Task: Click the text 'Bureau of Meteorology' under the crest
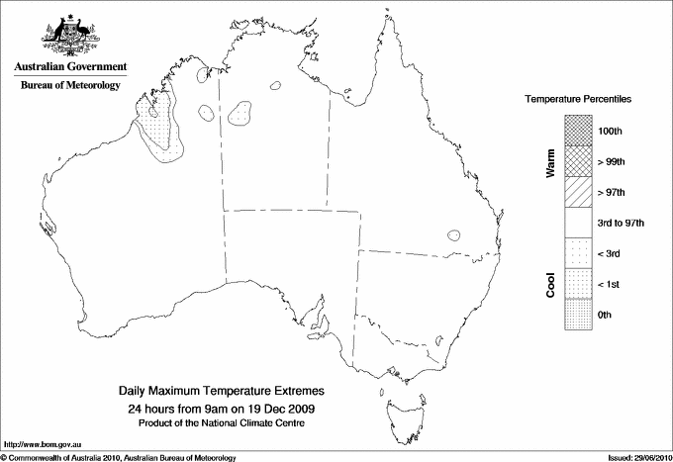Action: (70, 85)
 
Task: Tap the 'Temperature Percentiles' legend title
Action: (579, 100)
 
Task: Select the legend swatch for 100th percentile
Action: (577, 130)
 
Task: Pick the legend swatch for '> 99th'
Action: (577, 160)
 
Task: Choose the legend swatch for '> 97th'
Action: (577, 191)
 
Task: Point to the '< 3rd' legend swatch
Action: (577, 253)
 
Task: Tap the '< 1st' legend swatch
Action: (577, 284)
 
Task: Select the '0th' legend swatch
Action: (577, 315)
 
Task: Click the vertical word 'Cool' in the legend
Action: (549, 284)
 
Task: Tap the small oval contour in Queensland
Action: (453, 235)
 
